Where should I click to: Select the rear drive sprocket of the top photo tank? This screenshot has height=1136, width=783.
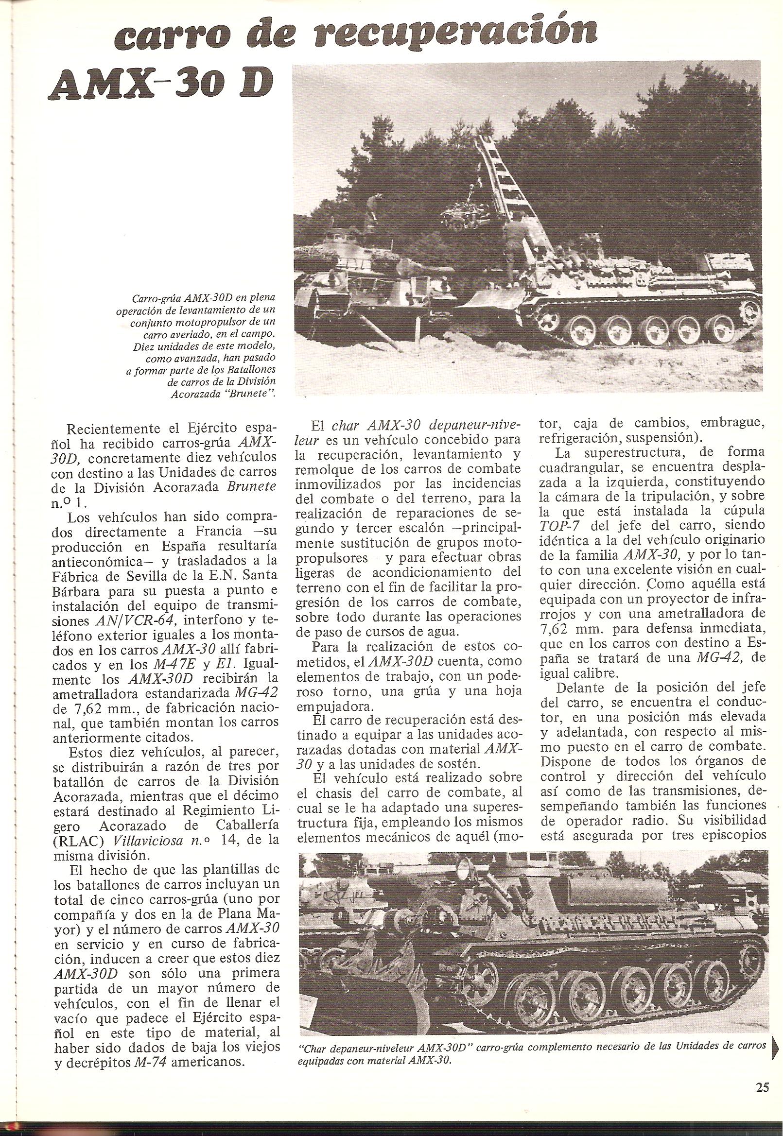[751, 310]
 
